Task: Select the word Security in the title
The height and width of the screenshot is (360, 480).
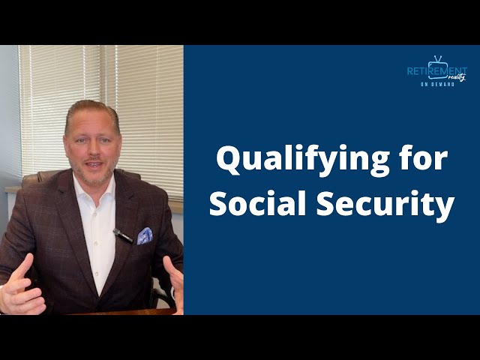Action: [x=377, y=204]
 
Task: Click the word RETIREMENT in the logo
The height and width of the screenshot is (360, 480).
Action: [x=436, y=70]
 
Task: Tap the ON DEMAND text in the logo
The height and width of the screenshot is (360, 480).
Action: [x=437, y=85]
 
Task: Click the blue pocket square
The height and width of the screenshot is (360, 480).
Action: [x=145, y=235]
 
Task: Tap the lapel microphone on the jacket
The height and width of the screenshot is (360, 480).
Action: [x=123, y=236]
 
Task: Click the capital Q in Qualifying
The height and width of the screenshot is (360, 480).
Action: [x=228, y=159]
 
